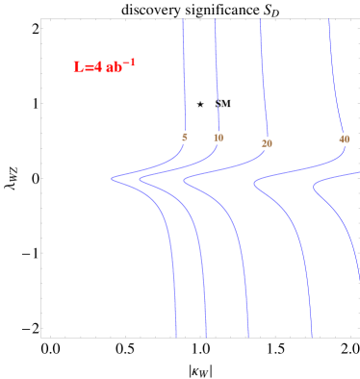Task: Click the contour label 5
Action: click(x=184, y=137)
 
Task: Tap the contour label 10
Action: click(x=219, y=138)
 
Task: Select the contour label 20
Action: click(x=267, y=143)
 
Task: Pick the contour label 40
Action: click(x=345, y=139)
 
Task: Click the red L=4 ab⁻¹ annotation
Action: click(x=104, y=66)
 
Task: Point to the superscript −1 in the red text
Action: click(x=129, y=63)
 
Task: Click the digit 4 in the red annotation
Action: click(x=97, y=67)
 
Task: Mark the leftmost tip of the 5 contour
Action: click(x=112, y=178)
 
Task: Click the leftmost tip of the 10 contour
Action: click(x=140, y=179)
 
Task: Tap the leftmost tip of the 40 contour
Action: click(x=254, y=186)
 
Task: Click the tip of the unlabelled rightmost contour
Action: click(x=314, y=189)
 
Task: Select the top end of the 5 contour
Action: click(x=183, y=19)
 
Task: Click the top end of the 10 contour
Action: click(x=215, y=19)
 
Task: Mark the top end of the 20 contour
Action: click(x=260, y=19)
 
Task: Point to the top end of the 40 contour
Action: click(x=329, y=19)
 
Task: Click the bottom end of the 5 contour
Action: click(x=176, y=337)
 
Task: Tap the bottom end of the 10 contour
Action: click(x=206, y=337)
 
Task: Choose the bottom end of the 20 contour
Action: click(x=248, y=337)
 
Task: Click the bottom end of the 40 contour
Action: click(x=312, y=337)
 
